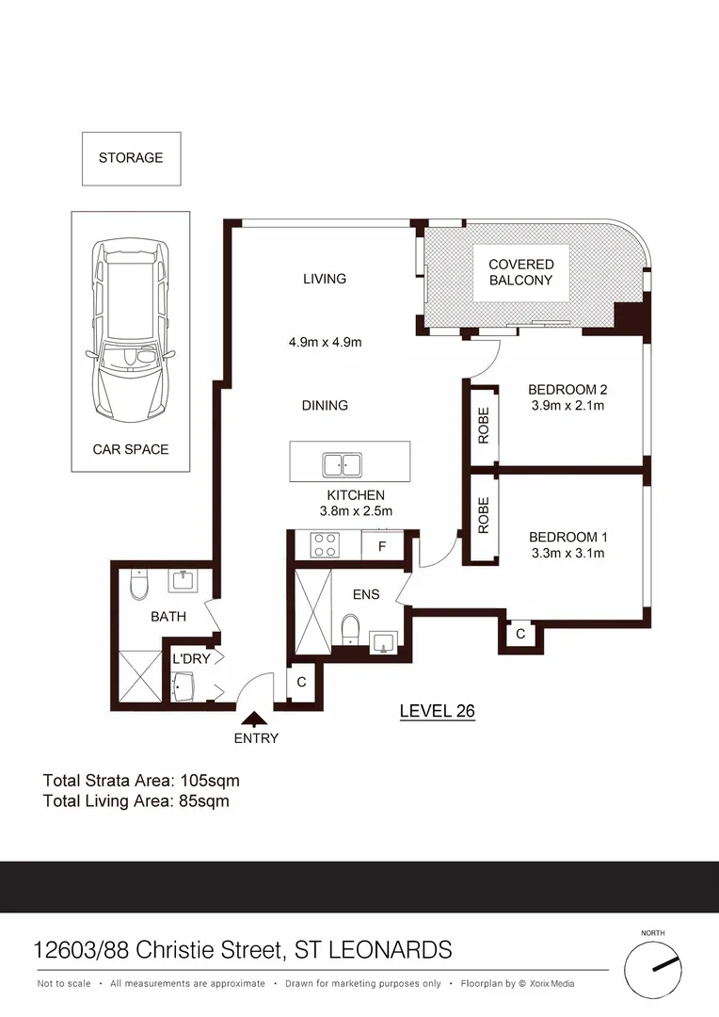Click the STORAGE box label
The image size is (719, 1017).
[x=131, y=158]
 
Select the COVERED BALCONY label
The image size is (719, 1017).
[x=520, y=272]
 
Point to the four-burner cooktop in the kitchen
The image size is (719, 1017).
[x=325, y=545]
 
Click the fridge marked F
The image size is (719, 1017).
[x=382, y=545]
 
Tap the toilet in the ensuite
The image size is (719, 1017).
[x=351, y=628]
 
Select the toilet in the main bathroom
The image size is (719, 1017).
[x=139, y=586]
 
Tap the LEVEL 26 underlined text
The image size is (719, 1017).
[x=437, y=712]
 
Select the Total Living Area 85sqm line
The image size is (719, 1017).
[x=136, y=801]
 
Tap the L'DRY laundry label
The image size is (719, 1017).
[x=191, y=659]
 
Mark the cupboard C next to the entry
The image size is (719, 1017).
[x=301, y=682]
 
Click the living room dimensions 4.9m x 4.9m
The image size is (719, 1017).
[x=325, y=343]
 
